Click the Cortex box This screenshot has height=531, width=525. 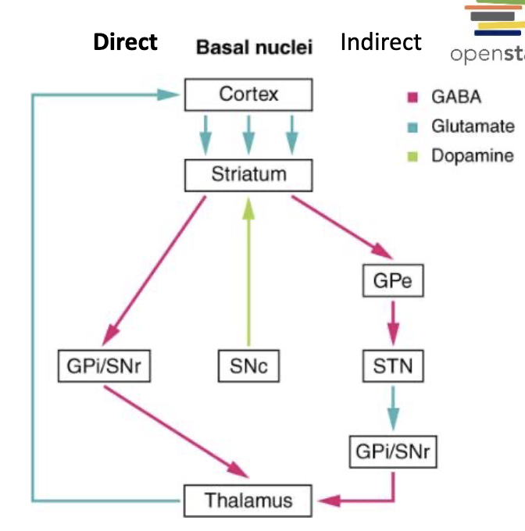coord(248,95)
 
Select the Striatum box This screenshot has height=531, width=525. coord(248,174)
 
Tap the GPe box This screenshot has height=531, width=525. coord(393,281)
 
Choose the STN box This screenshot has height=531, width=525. coord(393,365)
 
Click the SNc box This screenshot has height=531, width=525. coord(248,365)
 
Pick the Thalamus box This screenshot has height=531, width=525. coord(248,500)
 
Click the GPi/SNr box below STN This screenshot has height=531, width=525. coord(393,451)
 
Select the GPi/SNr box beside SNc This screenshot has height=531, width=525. coord(105,365)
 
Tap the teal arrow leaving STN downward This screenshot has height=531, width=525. coord(393,407)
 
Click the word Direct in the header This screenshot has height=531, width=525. coord(125,41)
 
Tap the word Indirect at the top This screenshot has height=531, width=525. coord(380,41)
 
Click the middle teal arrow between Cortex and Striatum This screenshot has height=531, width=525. coord(248,134)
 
